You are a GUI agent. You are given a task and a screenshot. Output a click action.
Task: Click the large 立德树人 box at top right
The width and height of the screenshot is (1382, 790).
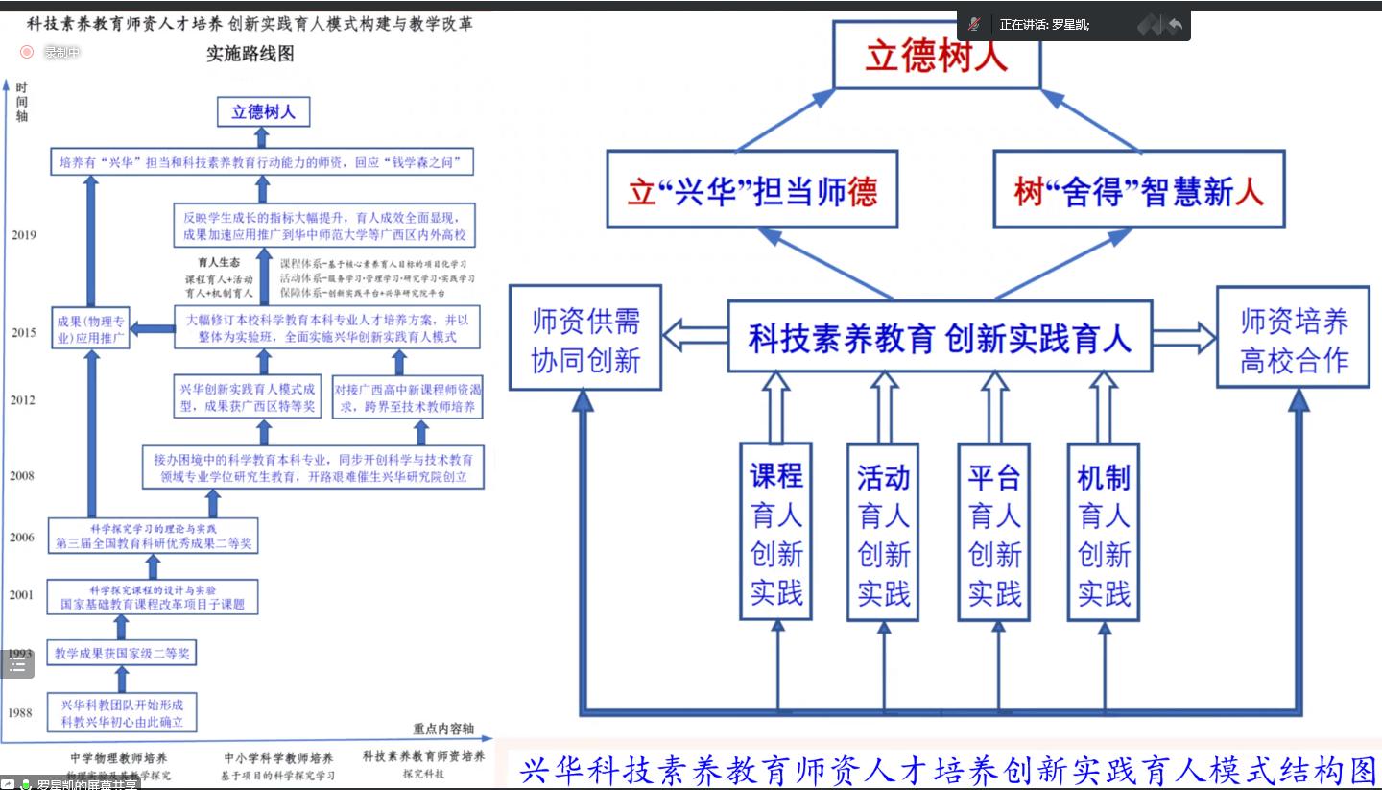click(936, 56)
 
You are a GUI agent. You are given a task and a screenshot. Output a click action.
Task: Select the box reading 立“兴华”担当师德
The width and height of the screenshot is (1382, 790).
click(751, 191)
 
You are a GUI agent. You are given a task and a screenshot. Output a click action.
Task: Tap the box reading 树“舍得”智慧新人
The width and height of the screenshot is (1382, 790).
click(1138, 191)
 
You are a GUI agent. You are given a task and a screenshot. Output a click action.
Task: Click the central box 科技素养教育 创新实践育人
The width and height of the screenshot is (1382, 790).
click(939, 338)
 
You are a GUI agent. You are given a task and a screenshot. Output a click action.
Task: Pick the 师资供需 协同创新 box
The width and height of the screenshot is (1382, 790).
click(584, 339)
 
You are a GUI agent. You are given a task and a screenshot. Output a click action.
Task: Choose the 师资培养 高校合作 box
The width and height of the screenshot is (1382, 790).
click(1293, 339)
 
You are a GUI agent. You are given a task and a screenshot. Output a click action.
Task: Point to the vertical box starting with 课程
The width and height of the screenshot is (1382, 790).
click(775, 531)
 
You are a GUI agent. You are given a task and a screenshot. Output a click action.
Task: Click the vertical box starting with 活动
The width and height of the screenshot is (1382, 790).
click(883, 531)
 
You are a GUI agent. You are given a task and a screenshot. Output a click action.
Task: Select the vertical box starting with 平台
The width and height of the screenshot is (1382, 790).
click(994, 531)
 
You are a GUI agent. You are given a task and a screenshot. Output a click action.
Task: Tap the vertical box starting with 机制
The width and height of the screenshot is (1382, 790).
click(1104, 531)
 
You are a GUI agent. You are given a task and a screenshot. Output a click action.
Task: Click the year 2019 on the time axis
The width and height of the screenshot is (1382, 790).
click(24, 235)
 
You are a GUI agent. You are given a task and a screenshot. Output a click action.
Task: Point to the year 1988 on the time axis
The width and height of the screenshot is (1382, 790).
click(20, 712)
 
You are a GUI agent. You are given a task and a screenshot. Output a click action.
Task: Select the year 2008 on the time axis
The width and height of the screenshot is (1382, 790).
click(22, 475)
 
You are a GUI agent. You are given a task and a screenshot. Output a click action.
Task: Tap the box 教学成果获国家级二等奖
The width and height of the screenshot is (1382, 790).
click(122, 654)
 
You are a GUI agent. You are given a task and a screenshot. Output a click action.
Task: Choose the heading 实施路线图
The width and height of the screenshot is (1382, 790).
click(250, 54)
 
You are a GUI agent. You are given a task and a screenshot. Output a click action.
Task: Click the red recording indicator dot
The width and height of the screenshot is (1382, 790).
click(27, 52)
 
